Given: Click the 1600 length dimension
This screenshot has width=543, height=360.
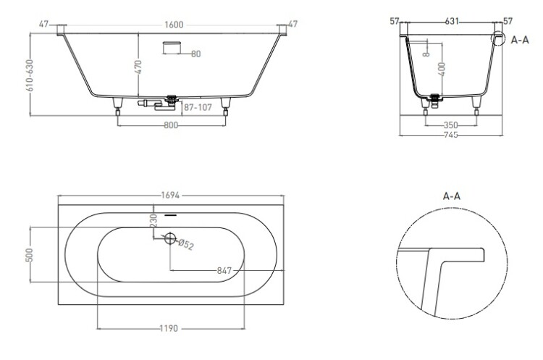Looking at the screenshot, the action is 174,25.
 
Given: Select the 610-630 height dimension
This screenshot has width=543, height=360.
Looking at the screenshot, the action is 30,75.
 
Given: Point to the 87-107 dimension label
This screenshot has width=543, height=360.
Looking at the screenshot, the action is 198,107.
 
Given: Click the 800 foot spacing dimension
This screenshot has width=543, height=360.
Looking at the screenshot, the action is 171,125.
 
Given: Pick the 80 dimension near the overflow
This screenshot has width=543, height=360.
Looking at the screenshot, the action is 195,54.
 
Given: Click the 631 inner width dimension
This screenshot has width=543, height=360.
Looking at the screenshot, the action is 452,22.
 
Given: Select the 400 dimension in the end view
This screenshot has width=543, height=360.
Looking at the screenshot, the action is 441,69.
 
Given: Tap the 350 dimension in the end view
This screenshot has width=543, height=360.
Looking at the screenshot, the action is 450,125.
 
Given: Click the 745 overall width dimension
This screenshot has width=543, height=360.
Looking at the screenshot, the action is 450,135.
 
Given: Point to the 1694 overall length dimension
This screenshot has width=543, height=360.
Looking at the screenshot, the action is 170,196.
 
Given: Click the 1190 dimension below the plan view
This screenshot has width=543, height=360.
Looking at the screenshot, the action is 169,328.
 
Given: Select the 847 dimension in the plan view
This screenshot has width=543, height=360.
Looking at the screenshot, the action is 224,270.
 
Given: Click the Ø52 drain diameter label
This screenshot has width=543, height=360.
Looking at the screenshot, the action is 186,245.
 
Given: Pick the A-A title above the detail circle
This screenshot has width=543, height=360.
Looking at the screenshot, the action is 452,196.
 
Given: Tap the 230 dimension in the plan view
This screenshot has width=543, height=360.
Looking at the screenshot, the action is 154,220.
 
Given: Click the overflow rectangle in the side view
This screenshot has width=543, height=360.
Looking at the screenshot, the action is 172,48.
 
